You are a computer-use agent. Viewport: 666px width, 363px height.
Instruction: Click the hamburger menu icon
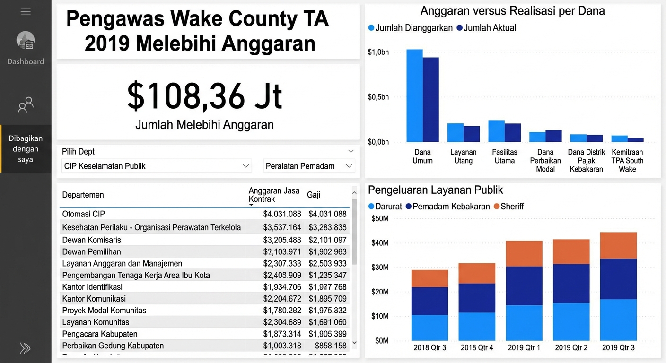(x=26, y=11)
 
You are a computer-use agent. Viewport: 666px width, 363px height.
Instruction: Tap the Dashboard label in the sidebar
(x=26, y=61)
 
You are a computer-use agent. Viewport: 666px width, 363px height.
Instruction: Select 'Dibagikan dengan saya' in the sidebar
(x=26, y=149)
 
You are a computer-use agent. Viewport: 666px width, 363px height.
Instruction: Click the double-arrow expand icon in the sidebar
(x=25, y=348)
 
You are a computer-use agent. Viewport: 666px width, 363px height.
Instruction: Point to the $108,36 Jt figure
(x=204, y=96)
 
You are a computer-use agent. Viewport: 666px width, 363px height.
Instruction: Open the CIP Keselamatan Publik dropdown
(x=156, y=166)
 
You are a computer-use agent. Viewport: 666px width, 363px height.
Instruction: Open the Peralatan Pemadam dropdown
(x=309, y=166)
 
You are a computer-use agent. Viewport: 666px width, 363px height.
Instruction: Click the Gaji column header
(x=314, y=195)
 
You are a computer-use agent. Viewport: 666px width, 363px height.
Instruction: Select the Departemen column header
(x=83, y=195)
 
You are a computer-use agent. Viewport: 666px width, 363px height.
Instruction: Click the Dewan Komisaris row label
(x=92, y=240)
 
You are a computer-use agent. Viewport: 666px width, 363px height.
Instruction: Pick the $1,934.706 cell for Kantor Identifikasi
(x=282, y=287)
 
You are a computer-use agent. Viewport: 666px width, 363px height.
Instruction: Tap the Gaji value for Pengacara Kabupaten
(x=327, y=334)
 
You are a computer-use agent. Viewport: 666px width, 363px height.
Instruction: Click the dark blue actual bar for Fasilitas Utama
(x=513, y=132)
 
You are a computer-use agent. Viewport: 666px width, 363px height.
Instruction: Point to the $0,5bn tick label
(x=378, y=97)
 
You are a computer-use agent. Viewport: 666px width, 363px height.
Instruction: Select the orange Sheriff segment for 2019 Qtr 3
(x=618, y=245)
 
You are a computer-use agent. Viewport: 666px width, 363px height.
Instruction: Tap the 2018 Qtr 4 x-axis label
(x=477, y=347)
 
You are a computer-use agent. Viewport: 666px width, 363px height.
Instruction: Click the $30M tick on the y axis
(x=380, y=268)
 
